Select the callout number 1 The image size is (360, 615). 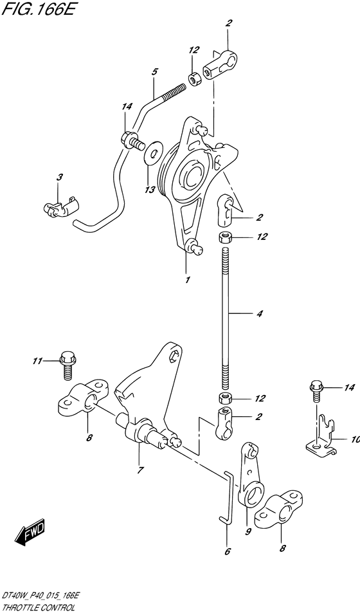(x=188, y=280)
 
